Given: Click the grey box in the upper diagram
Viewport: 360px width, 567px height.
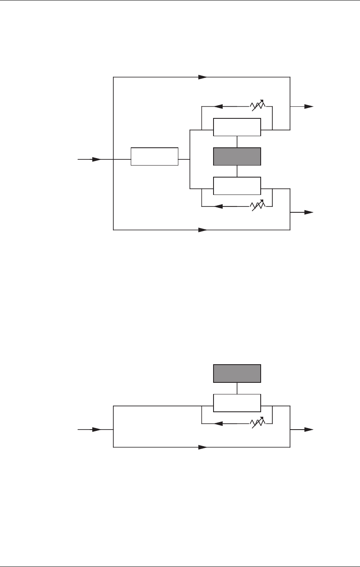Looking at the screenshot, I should [237, 156].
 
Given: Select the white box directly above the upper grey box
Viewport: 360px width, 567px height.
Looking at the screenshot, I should [237, 127].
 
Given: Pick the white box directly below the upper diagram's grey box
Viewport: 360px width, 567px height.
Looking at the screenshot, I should [237, 185].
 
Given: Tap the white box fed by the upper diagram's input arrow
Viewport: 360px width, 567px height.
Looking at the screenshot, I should [154, 156].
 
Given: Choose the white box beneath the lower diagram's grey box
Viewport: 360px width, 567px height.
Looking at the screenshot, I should [237, 403].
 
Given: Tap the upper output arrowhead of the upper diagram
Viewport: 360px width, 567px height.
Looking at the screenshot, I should [308, 106].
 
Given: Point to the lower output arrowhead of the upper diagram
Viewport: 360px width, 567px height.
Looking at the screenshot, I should [308, 212].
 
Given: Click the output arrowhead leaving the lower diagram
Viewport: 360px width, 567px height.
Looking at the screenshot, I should [308, 430].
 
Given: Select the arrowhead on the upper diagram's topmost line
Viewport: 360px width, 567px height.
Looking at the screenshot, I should [202, 77].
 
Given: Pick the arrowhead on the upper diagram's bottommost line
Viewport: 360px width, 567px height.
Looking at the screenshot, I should [202, 230].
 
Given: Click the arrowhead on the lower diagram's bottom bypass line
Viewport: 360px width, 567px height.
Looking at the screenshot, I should [202, 447].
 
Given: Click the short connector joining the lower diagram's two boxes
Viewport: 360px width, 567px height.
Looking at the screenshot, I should [237, 388].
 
